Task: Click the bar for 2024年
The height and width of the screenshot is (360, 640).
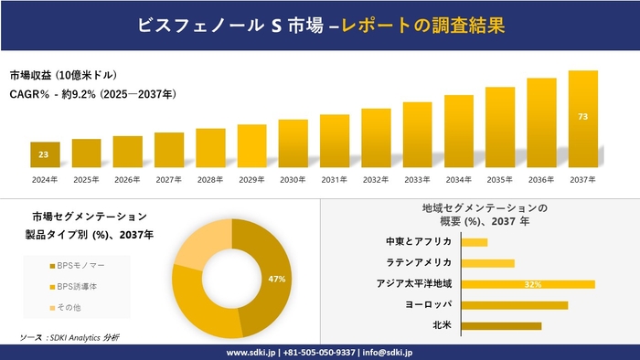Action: coord(45,155)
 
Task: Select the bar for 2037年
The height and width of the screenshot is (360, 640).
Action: coord(582,120)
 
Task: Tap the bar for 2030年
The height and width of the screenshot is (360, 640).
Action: coord(293,144)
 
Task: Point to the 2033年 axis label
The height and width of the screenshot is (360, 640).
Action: coord(417,179)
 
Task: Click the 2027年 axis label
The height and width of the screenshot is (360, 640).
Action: coord(169,179)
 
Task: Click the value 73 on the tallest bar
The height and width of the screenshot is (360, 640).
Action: coord(582,117)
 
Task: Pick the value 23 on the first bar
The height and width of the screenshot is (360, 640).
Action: coord(44,155)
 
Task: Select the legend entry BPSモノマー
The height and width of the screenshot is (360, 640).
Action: coord(78,265)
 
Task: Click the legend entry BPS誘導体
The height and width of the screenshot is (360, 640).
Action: coord(77,287)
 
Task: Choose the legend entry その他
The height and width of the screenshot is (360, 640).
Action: coord(71,309)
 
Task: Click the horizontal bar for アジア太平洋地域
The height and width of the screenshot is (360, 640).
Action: coord(528,284)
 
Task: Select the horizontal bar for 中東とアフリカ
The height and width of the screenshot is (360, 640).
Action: coord(475,242)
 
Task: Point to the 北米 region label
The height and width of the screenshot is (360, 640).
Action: coord(442,325)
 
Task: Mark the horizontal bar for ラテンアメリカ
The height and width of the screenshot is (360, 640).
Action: coord(487,263)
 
